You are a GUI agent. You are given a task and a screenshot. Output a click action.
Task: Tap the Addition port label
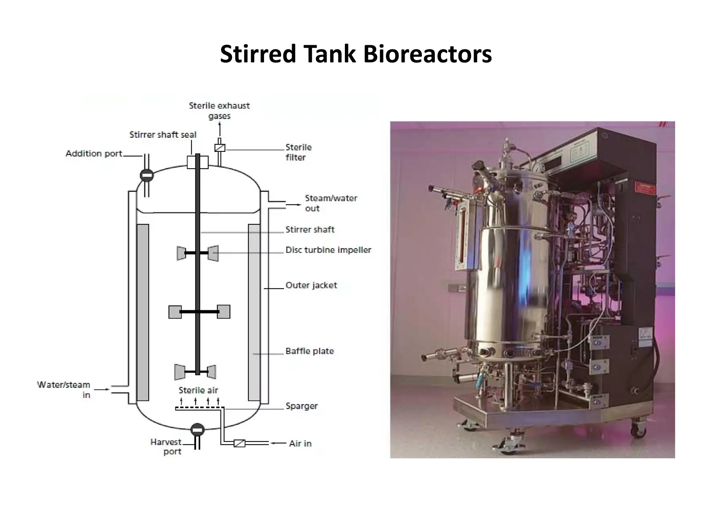(94, 154)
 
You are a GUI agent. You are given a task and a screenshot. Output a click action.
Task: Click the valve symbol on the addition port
(147, 175)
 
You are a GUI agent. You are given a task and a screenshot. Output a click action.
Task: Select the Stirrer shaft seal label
(163, 135)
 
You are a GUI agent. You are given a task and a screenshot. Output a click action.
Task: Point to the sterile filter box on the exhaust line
(220, 148)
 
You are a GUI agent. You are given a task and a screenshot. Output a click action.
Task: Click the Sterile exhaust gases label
(219, 110)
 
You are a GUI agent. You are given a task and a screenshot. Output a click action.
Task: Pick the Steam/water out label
(331, 203)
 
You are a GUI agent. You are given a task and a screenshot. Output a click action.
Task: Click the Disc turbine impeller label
(328, 250)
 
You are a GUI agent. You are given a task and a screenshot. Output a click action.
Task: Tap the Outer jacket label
(311, 285)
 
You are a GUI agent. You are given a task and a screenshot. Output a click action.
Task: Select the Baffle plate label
(309, 351)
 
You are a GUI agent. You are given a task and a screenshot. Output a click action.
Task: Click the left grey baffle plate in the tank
(143, 312)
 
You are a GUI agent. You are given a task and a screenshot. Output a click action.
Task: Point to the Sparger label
(301, 406)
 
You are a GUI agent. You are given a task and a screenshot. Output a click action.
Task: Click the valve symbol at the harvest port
(197, 430)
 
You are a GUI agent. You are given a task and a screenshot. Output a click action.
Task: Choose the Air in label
(300, 443)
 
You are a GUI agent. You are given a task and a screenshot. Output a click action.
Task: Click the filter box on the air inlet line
(240, 443)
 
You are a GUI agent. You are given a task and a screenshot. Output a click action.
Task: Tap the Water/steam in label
(64, 390)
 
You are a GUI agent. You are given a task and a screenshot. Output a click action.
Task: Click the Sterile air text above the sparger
(198, 390)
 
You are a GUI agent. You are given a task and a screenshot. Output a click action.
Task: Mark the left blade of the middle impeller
(175, 312)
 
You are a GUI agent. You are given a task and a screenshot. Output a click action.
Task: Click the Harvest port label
(166, 446)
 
